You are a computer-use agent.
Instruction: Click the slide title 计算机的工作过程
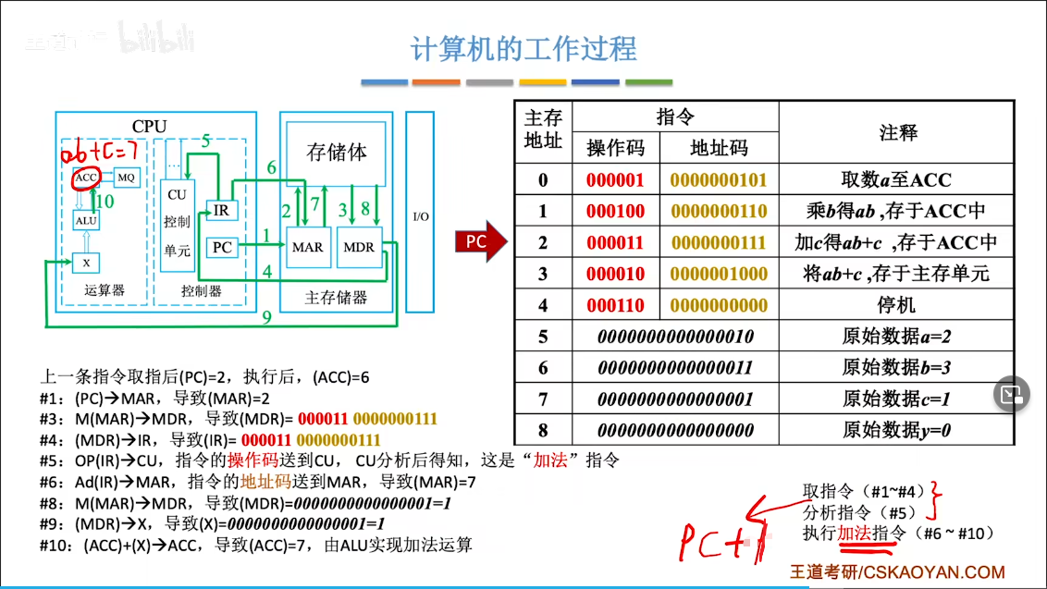click(523, 49)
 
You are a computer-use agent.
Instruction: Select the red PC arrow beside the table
click(481, 241)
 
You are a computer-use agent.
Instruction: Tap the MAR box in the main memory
click(308, 247)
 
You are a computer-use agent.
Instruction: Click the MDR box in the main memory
click(359, 247)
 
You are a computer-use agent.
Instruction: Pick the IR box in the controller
click(222, 211)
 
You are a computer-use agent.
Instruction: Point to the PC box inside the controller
click(222, 247)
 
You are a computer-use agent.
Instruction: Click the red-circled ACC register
click(86, 178)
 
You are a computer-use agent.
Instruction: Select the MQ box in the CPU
click(126, 177)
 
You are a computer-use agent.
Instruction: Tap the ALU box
click(86, 220)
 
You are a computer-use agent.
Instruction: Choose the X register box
click(86, 264)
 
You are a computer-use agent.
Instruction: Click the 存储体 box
click(336, 153)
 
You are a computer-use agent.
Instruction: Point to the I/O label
click(421, 216)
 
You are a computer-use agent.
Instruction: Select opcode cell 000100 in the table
click(616, 211)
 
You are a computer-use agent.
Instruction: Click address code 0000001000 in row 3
click(719, 274)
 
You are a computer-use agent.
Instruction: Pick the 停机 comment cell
click(896, 305)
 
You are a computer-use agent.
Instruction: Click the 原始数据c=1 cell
click(896, 399)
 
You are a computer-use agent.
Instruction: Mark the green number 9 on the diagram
click(267, 317)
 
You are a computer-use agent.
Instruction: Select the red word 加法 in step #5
click(550, 460)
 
